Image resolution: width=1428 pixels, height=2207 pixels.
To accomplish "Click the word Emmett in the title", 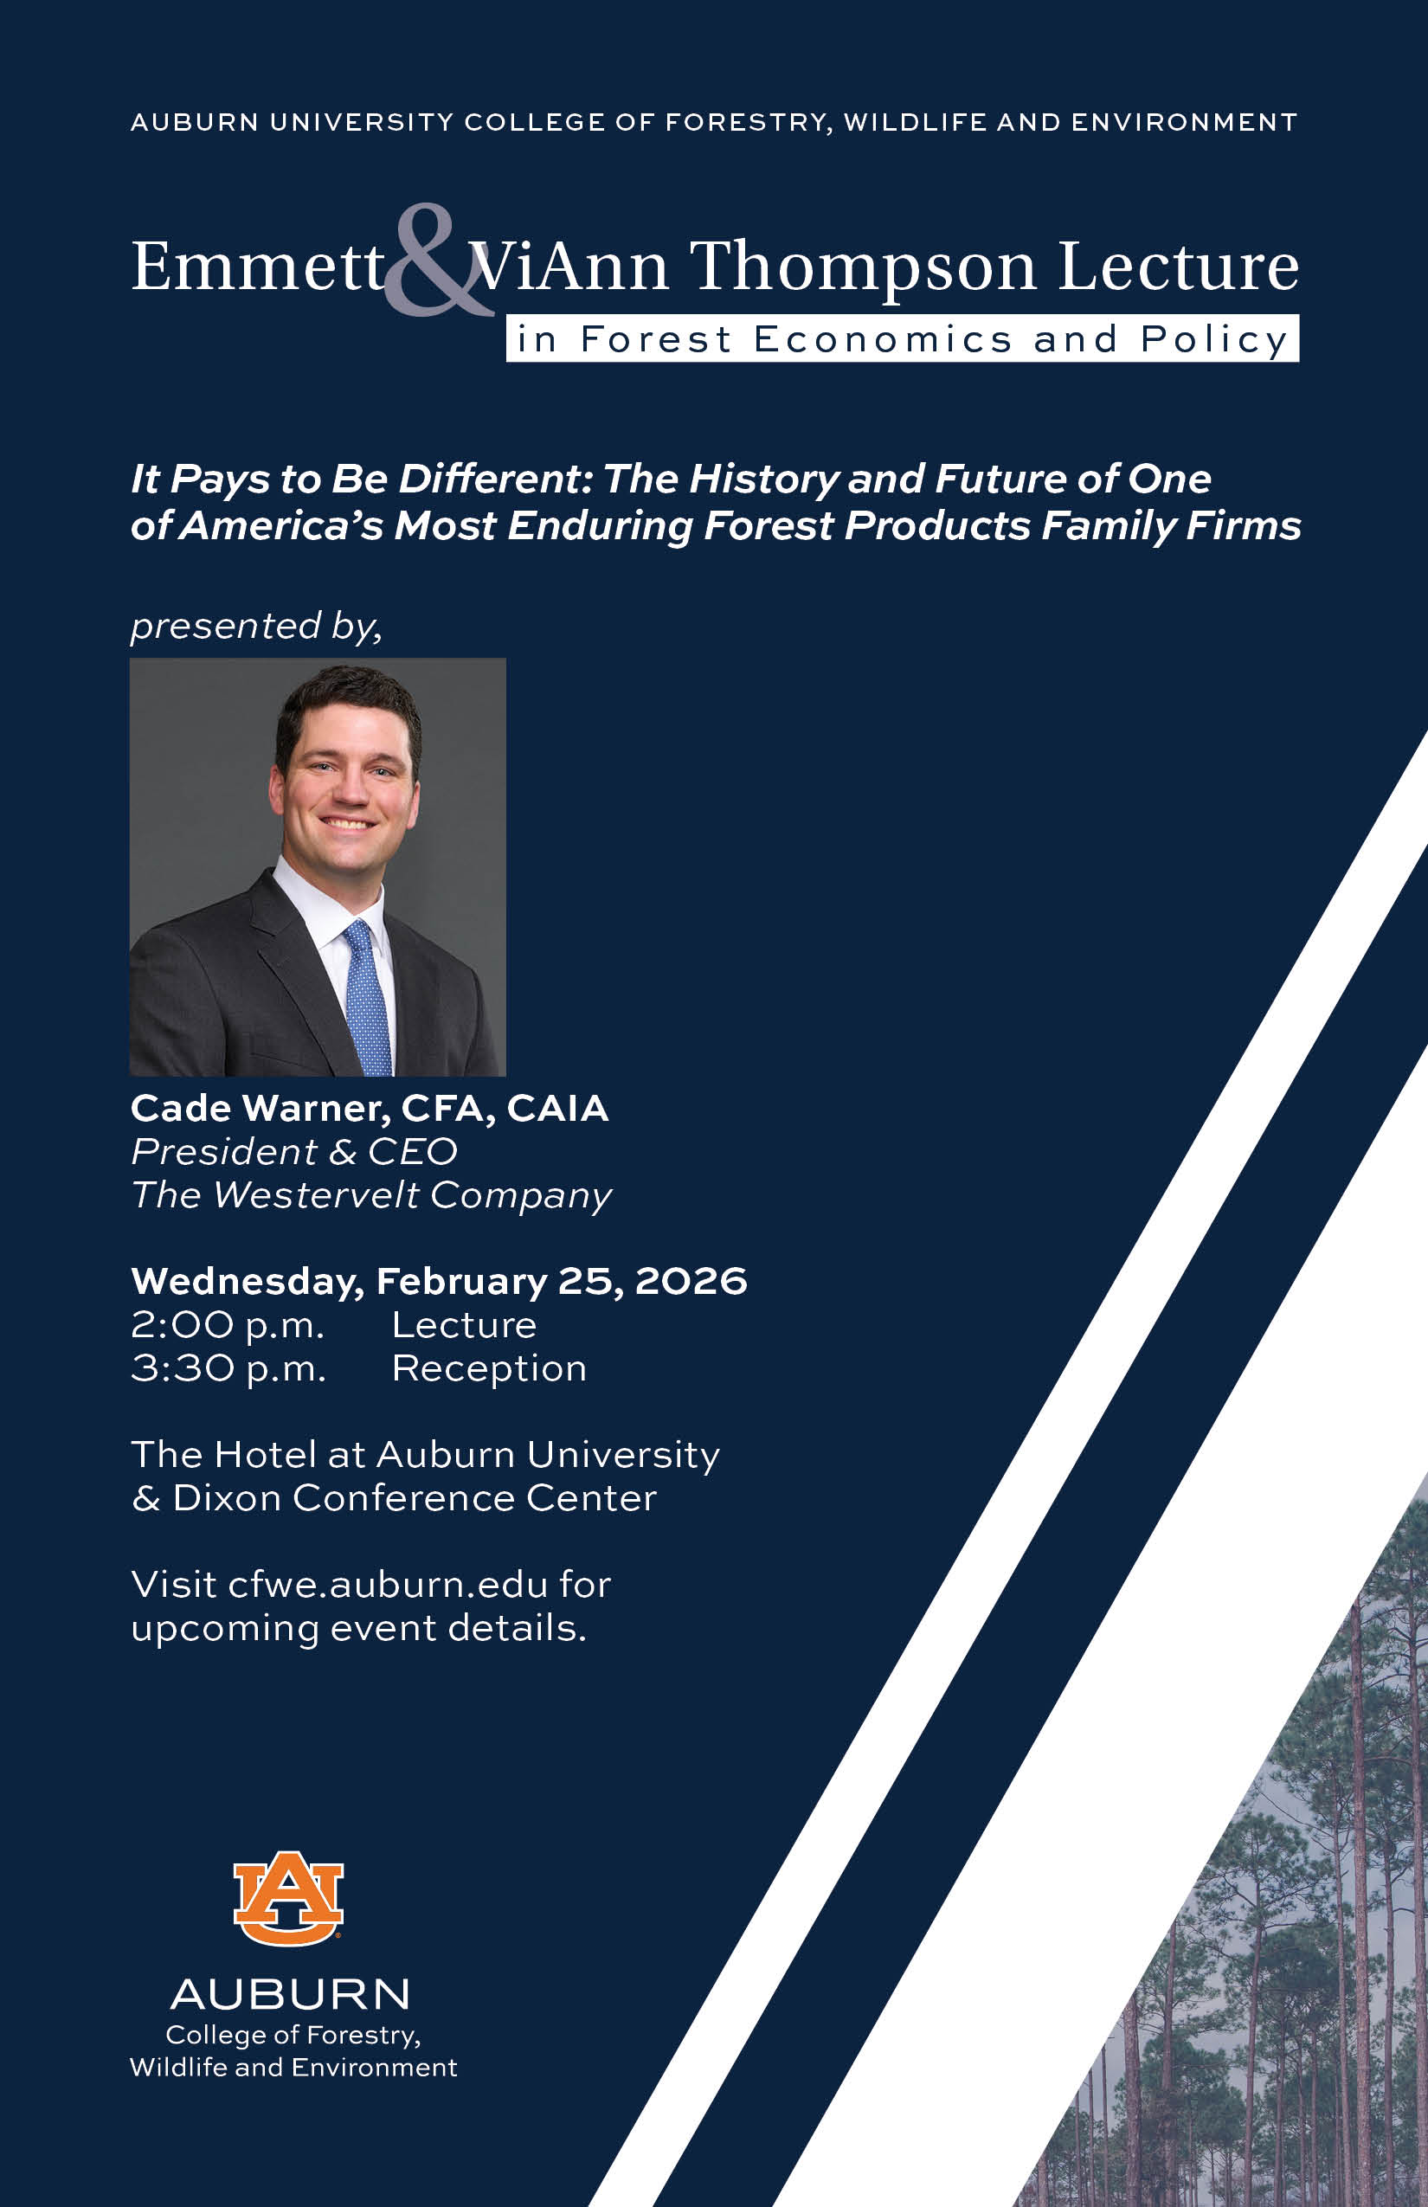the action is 258,267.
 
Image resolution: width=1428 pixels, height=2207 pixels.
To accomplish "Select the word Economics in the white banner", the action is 883,339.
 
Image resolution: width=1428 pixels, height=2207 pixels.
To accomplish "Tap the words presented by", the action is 256,627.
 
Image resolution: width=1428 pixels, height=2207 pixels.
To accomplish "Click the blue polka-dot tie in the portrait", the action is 368,997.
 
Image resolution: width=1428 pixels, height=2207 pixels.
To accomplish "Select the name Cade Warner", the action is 261,1108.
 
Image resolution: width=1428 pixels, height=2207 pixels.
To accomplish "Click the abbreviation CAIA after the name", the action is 557,1108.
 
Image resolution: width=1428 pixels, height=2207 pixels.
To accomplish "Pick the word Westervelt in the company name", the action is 316,1194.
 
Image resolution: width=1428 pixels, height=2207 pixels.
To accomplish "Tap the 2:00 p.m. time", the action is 228,1326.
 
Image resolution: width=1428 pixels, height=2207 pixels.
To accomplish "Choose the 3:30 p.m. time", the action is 229,1369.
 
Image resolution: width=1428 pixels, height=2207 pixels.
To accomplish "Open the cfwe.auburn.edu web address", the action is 388,1585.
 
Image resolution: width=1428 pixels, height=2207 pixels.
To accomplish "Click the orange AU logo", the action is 288,1898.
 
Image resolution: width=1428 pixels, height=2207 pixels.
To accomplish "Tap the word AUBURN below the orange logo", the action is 290,1995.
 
